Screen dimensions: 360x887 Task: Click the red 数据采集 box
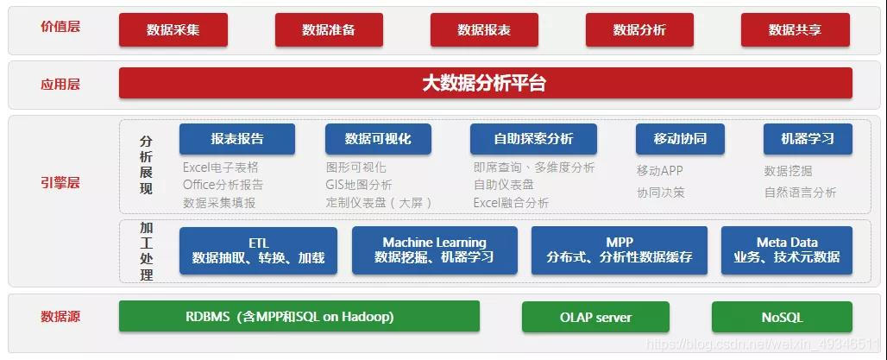(x=173, y=30)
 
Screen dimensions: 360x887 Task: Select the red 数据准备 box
(x=328, y=30)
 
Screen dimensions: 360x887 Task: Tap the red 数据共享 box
(x=795, y=30)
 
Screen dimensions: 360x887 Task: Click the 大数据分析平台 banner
(x=485, y=84)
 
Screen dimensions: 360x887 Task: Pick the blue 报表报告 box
(x=236, y=139)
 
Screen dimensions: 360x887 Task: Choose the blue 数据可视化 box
(x=377, y=139)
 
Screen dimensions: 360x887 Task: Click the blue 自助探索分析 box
(x=532, y=139)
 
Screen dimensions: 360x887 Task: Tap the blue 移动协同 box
(x=680, y=139)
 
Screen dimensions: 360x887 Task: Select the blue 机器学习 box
(x=807, y=139)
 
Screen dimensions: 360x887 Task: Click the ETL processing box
(x=258, y=250)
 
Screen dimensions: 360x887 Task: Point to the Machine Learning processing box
(x=434, y=250)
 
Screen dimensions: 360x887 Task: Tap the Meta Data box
(x=786, y=250)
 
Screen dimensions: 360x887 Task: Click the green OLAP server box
(x=595, y=317)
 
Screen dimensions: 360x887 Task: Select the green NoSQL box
(x=782, y=317)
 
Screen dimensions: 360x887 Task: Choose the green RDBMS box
(x=299, y=317)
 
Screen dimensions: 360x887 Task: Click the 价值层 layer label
(x=60, y=27)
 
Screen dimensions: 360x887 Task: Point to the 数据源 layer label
(x=60, y=317)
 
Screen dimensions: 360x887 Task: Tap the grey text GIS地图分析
(x=359, y=185)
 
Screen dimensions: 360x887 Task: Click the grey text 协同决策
(x=660, y=193)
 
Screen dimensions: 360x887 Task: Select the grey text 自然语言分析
(x=800, y=193)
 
